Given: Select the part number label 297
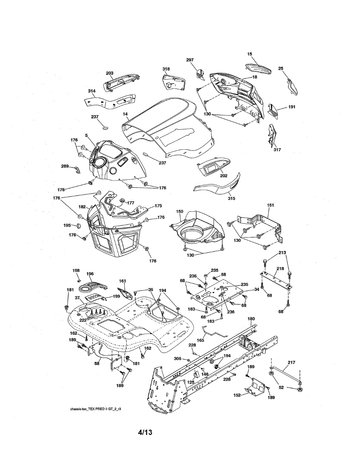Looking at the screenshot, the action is click(190, 60).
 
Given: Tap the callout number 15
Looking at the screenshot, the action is click(250, 54).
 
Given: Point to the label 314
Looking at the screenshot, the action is click(92, 91).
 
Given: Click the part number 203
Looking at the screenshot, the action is click(110, 73).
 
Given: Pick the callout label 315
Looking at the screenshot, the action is click(231, 198).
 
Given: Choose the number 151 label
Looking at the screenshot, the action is click(271, 205).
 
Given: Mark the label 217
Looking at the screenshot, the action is click(292, 362).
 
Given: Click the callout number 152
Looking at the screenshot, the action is click(237, 395).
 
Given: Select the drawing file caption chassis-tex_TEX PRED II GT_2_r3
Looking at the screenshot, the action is click(96, 409).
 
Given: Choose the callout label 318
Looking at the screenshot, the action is click(166, 69).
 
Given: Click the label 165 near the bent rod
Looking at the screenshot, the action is click(200, 340).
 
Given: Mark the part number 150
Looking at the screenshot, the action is click(180, 211).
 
